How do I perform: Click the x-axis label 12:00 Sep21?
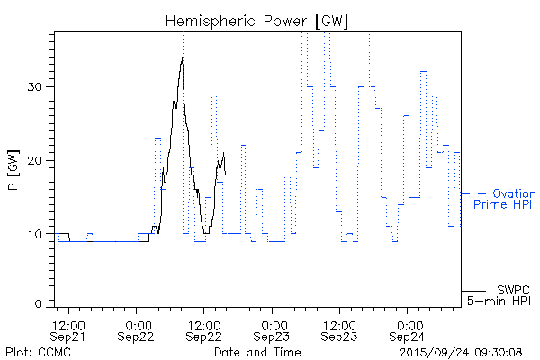(x=68, y=330)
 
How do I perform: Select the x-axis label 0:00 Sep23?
(x=273, y=330)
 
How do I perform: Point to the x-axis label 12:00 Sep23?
(x=339, y=330)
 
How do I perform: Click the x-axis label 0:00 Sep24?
(x=409, y=330)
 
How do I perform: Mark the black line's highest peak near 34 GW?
(x=183, y=58)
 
